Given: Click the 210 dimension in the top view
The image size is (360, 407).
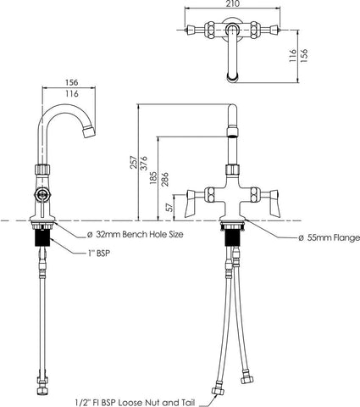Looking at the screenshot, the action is pos(233,3).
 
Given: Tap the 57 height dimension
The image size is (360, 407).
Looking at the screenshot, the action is pos(169,207).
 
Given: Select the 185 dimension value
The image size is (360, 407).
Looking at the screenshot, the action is pos(153,178).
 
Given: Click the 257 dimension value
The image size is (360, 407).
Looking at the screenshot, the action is pos(134,162).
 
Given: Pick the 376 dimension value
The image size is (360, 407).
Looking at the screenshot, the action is pos(145,163).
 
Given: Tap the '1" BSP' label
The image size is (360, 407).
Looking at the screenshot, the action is pos(98,254).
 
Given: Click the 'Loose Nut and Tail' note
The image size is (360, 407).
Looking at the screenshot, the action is pos(156,402).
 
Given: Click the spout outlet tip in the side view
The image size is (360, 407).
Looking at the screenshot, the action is pos(89,132).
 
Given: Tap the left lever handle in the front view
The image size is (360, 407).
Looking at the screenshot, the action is pos(191,203).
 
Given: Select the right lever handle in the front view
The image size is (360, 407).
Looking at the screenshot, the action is pos(274,203).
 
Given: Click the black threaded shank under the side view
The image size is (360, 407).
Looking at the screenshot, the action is pos(42,238).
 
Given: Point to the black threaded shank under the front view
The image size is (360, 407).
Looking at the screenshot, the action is pos(232,238).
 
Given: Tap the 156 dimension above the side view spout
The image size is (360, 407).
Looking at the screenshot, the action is pos(72,82).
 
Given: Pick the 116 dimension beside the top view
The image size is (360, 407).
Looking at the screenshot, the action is pos(293,55).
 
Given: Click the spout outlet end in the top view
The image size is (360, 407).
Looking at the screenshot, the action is pos(233,78).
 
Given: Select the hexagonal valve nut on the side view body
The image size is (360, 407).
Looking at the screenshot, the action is pos(42,194).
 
